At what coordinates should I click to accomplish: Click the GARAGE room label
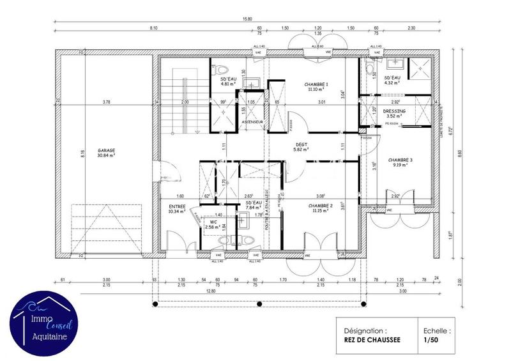[x=106, y=151]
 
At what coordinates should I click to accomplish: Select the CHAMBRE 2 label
[x=320, y=206]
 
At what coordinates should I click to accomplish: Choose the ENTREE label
[x=177, y=206]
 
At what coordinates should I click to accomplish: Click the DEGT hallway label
[x=301, y=144]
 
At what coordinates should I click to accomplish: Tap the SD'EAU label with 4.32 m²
[x=392, y=78]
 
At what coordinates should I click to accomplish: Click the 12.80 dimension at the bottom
[x=256, y=291]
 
